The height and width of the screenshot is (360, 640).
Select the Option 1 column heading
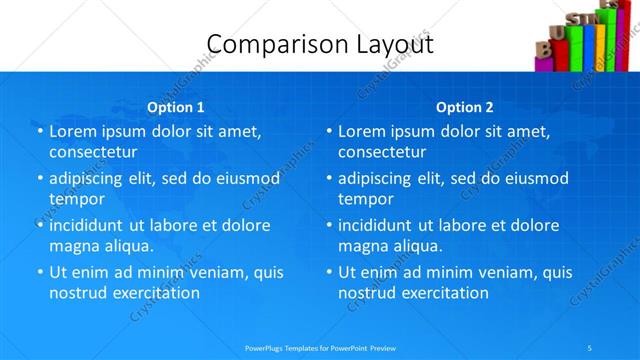pos(176,107)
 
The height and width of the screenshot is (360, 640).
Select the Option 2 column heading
pos(465,107)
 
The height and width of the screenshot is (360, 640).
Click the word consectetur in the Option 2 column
pos(383,152)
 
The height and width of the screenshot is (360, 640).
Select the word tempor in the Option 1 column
pos(77,200)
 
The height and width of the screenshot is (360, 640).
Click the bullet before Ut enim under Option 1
pos(39,272)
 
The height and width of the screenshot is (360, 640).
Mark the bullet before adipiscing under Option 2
pos(328,179)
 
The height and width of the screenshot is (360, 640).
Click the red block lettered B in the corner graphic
pos(543,47)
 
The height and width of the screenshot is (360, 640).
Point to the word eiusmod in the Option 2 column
pos(538,179)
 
